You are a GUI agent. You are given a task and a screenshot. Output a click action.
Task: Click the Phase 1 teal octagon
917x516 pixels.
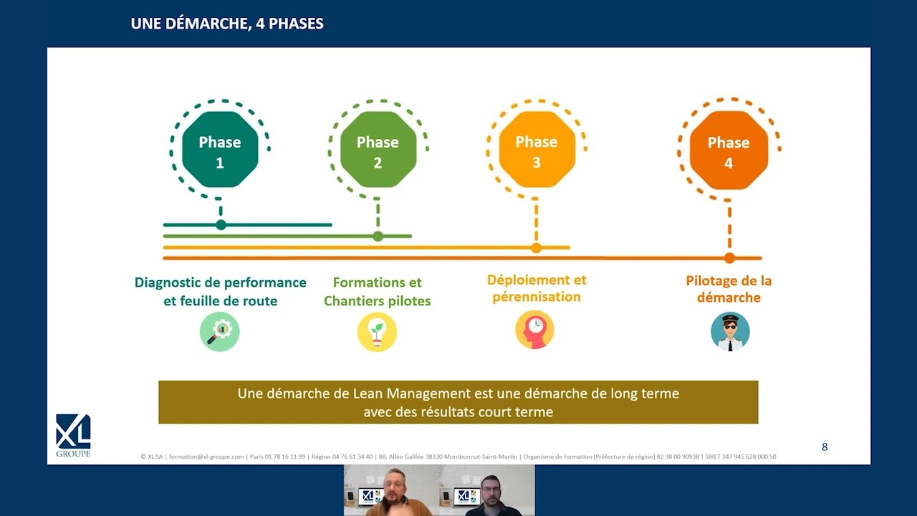220,150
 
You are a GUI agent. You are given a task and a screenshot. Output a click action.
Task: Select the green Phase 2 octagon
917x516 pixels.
378,150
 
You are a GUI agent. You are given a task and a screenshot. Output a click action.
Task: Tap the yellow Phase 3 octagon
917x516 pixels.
537,150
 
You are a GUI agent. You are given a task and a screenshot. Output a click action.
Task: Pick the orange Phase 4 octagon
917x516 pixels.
729,150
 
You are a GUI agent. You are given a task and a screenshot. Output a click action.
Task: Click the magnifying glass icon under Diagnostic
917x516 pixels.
220,332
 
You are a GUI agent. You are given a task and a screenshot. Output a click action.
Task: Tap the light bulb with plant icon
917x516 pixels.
377,332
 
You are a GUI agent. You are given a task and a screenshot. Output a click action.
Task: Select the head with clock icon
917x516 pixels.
534,330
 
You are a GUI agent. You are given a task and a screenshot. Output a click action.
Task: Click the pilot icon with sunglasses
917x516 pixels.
730,332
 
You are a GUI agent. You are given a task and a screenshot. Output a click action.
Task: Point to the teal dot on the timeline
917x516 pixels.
221,225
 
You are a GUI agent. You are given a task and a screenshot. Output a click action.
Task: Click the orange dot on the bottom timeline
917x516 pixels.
729,259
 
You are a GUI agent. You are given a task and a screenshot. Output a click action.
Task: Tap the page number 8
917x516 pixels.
825,446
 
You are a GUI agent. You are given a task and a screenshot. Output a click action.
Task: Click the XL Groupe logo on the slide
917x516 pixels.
73,435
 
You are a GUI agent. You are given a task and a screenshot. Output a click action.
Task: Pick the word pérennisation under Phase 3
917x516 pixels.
537,297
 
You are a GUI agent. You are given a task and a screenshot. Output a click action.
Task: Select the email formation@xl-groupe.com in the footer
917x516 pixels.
206,457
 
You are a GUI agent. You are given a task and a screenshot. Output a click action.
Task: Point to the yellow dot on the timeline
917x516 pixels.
537,248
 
